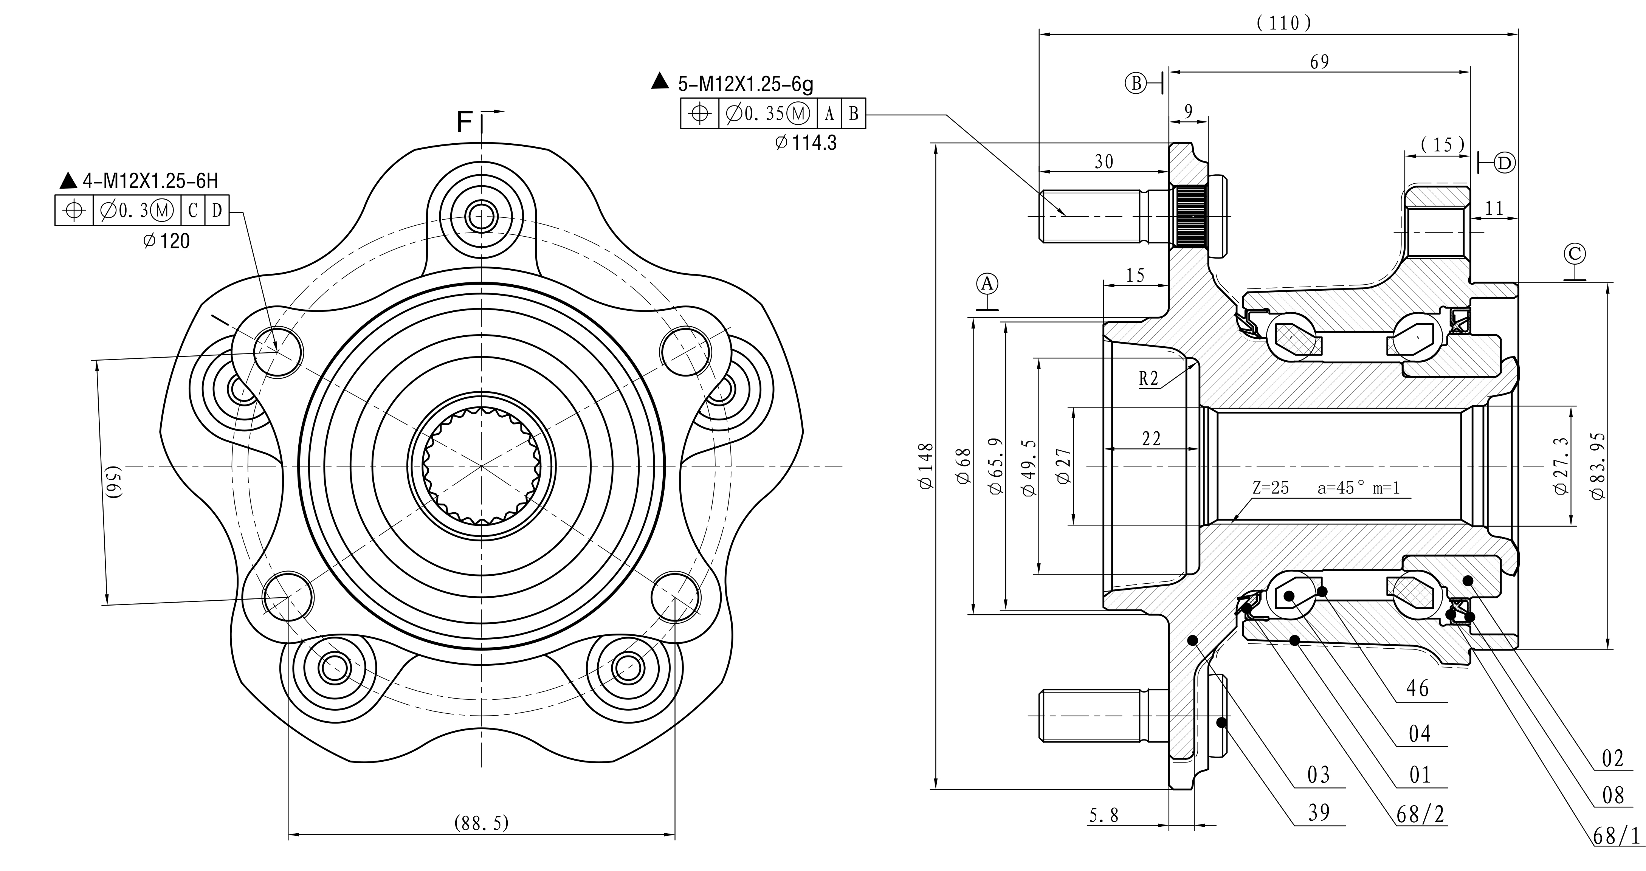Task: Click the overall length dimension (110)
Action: pos(1283,23)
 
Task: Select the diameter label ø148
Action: pos(927,466)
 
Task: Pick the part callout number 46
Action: pos(1417,688)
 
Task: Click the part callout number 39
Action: pos(1318,812)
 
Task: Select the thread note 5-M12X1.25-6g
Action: pos(745,83)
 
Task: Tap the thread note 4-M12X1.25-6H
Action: pos(150,181)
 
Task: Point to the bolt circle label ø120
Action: pos(166,241)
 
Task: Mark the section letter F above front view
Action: pos(465,122)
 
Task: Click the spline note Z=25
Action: pos(1270,488)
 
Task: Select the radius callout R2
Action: pos(1148,379)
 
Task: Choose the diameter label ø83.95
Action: pos(1598,466)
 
